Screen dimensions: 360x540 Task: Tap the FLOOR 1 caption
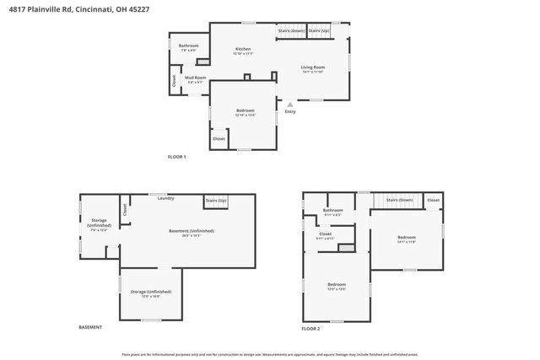176,157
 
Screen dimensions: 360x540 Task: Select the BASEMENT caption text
90,327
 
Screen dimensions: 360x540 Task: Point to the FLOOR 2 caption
311,327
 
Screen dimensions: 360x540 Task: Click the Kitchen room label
243,50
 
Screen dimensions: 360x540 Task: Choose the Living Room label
313,67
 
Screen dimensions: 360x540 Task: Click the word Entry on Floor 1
290,111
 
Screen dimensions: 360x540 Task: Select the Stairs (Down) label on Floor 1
291,30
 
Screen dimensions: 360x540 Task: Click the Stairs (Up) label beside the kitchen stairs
319,30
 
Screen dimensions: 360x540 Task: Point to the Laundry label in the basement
165,198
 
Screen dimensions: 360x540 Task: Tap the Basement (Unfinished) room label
191,231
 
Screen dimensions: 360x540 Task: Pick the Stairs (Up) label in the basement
216,201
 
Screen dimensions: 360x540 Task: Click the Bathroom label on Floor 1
188,46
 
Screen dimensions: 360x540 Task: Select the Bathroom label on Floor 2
333,210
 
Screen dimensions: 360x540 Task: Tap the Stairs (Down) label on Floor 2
400,200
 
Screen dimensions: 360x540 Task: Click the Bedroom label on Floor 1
245,110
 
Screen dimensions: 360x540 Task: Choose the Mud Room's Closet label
175,81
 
